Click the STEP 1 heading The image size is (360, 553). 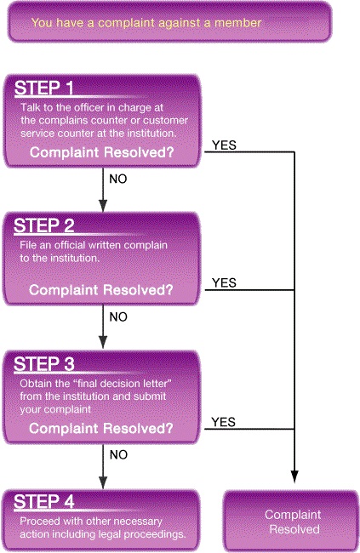(x=43, y=88)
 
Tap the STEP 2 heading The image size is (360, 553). (x=43, y=225)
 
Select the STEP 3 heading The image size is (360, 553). (x=43, y=364)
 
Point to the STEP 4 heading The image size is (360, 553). (x=43, y=501)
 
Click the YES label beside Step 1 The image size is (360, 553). (x=224, y=145)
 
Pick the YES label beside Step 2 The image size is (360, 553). (x=224, y=282)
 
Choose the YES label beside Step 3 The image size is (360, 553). (x=224, y=422)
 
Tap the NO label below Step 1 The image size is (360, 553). (x=118, y=180)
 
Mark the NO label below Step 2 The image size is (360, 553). (x=118, y=317)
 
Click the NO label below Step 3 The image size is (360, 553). (x=118, y=455)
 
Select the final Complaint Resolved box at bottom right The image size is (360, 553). (x=292, y=522)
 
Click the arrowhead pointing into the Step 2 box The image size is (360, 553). (x=103, y=206)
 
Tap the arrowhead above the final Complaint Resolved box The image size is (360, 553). (x=294, y=476)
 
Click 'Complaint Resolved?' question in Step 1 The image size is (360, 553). (x=102, y=152)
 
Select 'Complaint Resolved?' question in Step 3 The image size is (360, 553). (x=101, y=428)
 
